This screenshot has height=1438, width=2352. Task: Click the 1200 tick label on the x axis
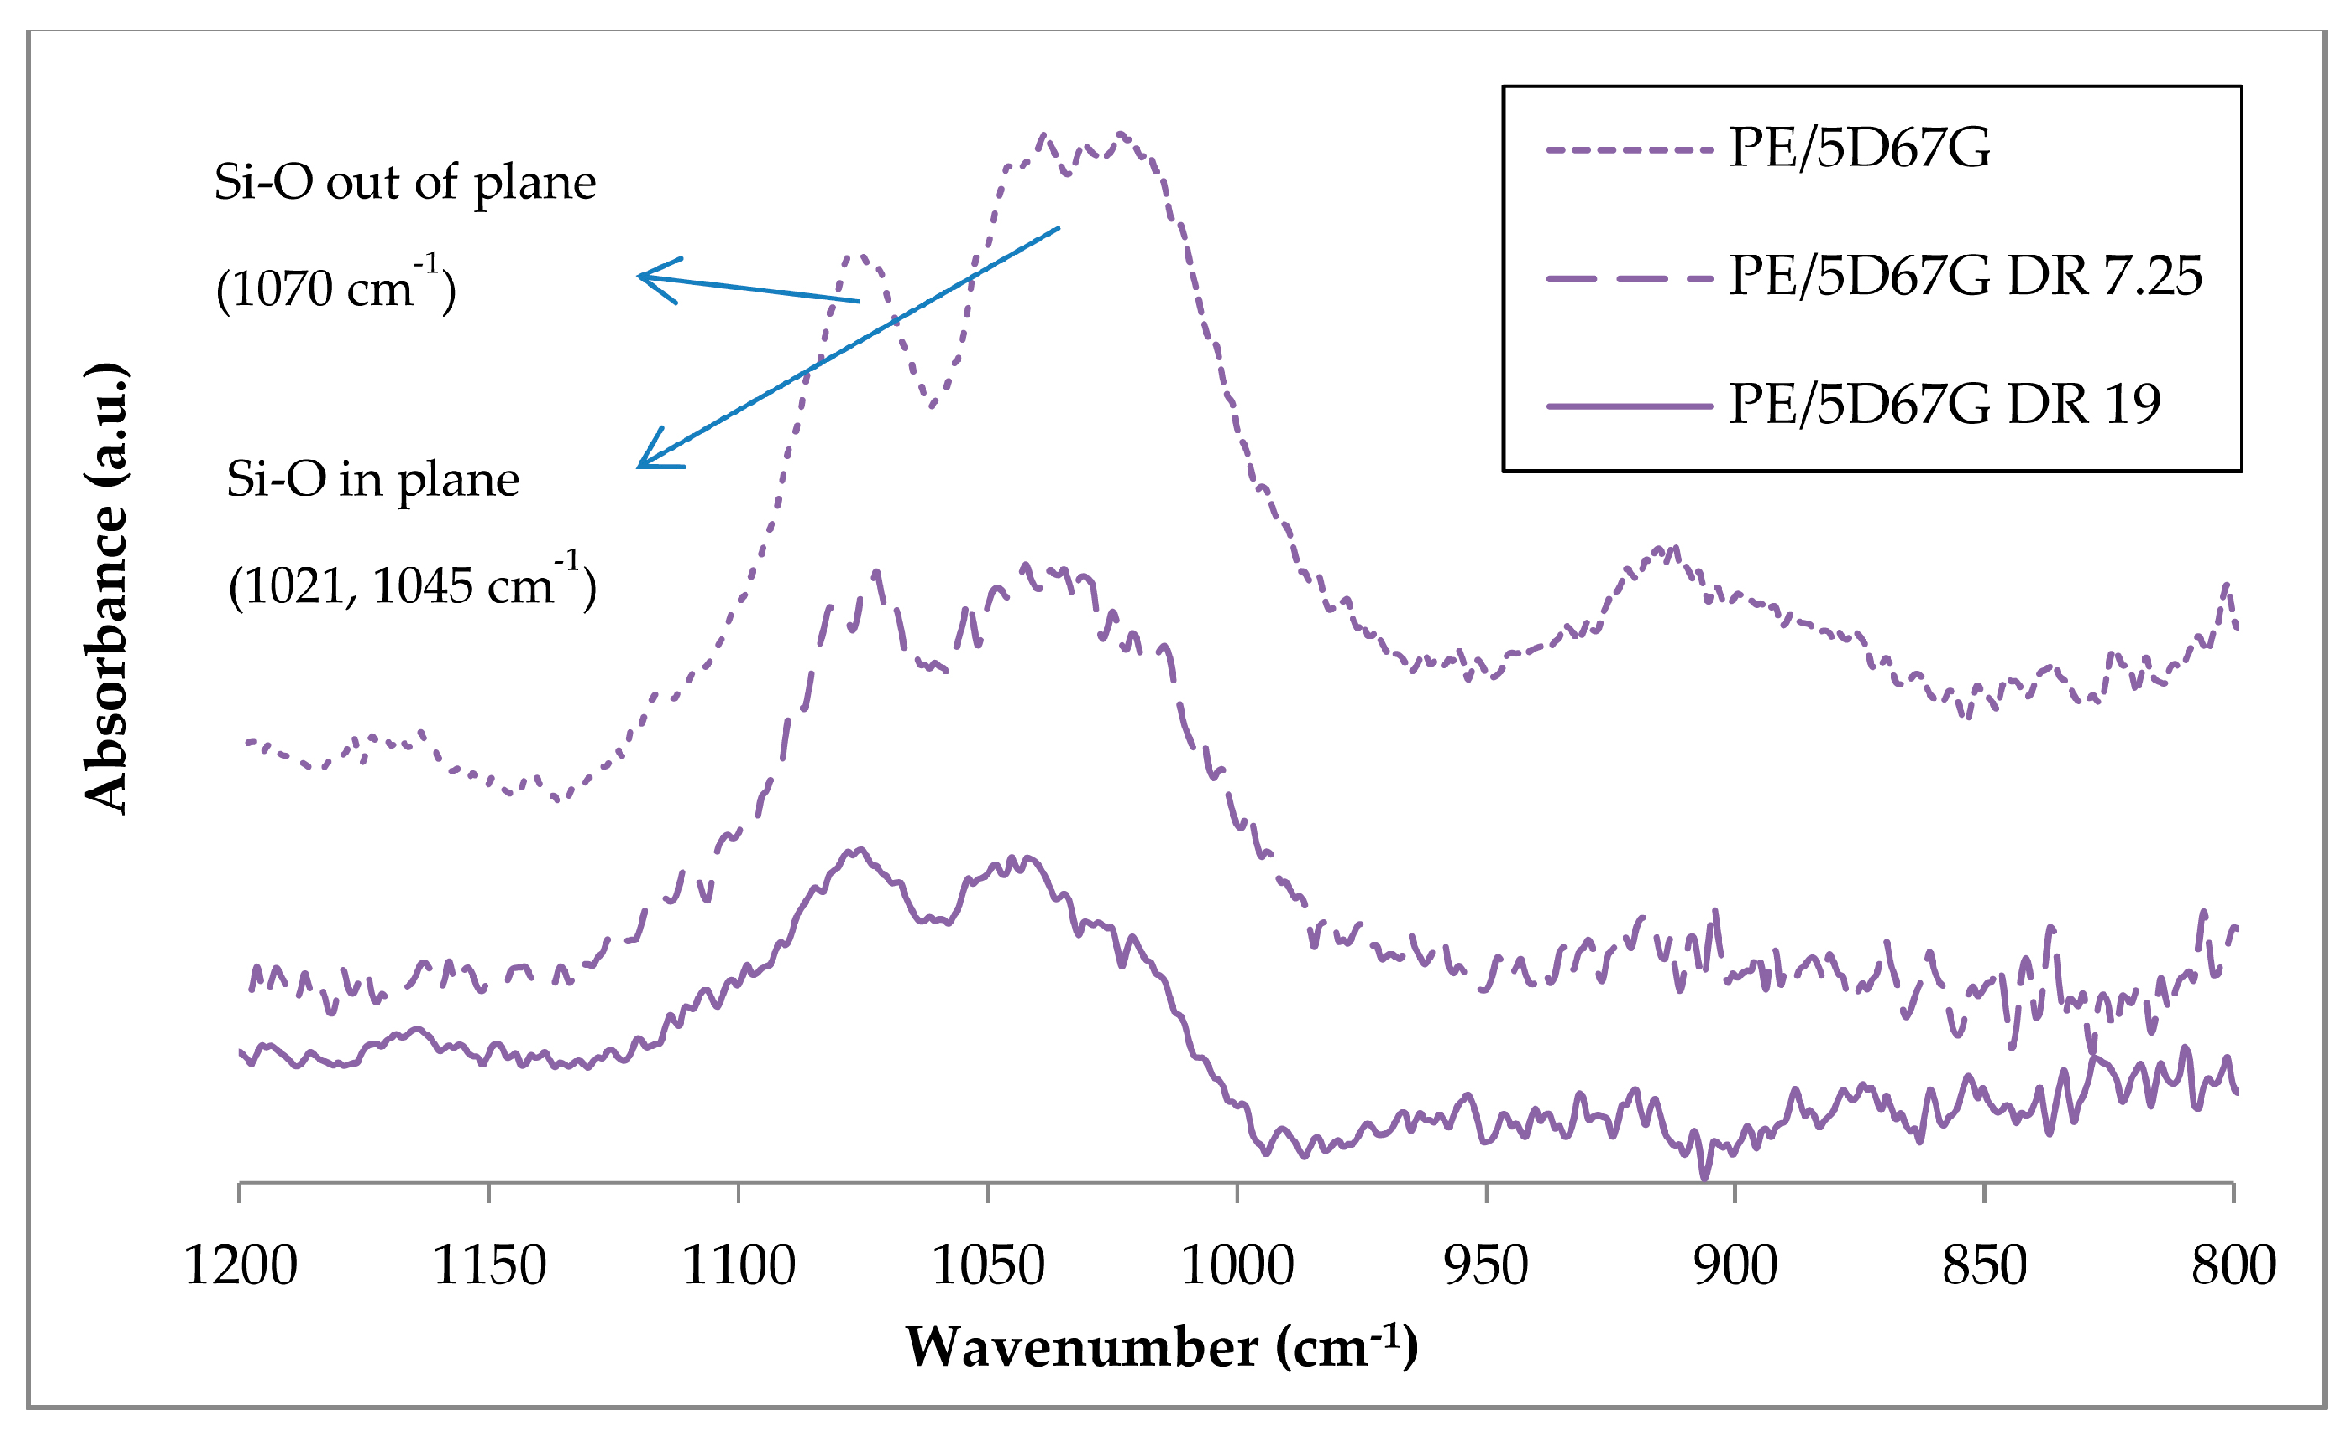240,1266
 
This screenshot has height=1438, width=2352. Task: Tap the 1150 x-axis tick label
489,1266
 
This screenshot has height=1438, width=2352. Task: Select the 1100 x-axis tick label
738,1266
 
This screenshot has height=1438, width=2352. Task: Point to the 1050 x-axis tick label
988,1266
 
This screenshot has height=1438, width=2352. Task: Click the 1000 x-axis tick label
1237,1266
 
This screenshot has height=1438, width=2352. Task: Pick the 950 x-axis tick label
1486,1266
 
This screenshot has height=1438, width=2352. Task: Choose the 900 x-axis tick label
1735,1266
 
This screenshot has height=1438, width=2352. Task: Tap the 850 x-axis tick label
1984,1266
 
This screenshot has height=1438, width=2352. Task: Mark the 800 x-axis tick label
2233,1266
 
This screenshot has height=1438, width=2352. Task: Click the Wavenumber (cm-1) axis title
1161,1347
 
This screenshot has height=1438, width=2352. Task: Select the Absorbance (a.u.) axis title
107,588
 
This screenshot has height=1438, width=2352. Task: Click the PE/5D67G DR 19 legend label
1945,405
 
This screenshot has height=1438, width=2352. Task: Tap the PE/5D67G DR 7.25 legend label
1965,277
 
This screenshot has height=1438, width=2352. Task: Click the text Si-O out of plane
405,183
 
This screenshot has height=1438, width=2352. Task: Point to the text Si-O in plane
373,479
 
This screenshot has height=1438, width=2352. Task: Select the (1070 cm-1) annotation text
336,286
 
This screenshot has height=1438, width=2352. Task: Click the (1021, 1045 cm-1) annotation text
412,584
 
